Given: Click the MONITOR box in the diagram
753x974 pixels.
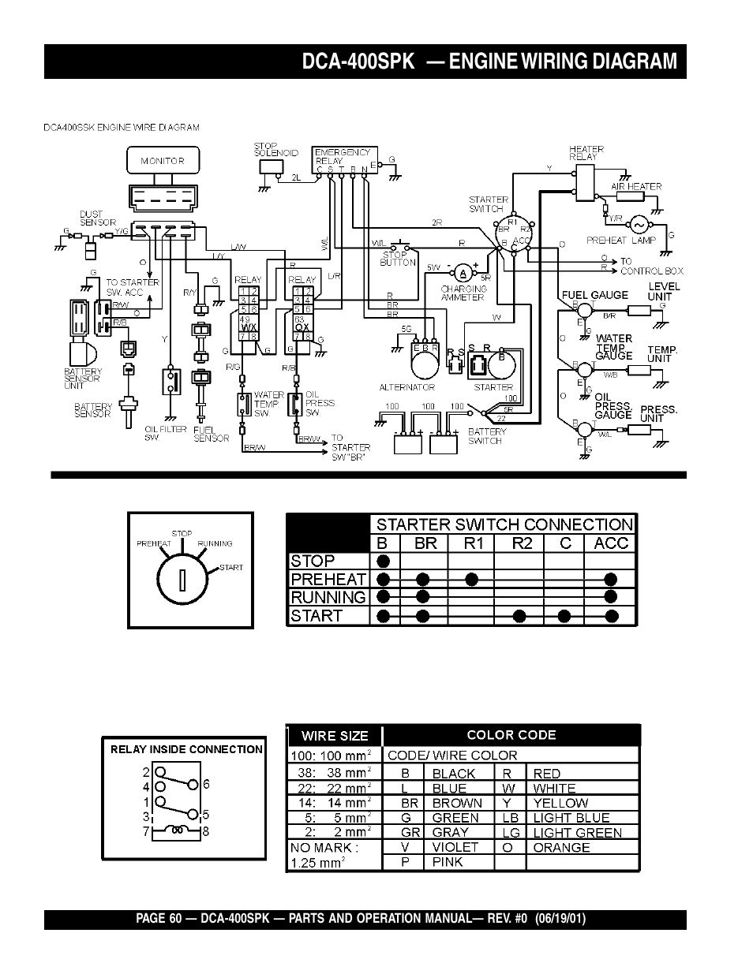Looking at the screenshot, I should point(162,161).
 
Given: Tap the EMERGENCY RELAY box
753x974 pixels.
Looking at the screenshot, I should point(345,157).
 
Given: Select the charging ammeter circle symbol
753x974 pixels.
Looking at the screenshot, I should point(464,272).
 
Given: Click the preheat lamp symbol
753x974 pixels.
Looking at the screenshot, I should point(637,225).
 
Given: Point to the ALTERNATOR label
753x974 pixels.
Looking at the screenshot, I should point(407,387).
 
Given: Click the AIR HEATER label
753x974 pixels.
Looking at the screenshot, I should point(636,187).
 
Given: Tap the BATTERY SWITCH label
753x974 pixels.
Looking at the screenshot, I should point(487,436).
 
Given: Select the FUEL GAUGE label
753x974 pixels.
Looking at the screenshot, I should point(594,295).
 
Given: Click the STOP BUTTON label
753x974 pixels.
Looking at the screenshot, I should point(398,259).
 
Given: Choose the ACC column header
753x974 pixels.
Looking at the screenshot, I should point(611,543).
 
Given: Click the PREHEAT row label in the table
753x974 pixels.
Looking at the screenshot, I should point(328,579).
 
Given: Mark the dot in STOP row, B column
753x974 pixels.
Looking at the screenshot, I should point(384,561).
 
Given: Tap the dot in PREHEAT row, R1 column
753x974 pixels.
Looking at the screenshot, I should point(471,579).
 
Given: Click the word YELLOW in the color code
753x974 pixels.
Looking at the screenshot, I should point(560,803).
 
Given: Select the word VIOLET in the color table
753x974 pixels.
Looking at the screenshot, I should point(455,847).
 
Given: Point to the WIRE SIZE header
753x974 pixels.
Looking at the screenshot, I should point(335,736).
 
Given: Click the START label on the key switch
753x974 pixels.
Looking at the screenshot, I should point(231,567).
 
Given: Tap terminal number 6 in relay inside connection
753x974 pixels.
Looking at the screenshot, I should point(206,784).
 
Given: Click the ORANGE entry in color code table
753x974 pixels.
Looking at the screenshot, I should point(561,847).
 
